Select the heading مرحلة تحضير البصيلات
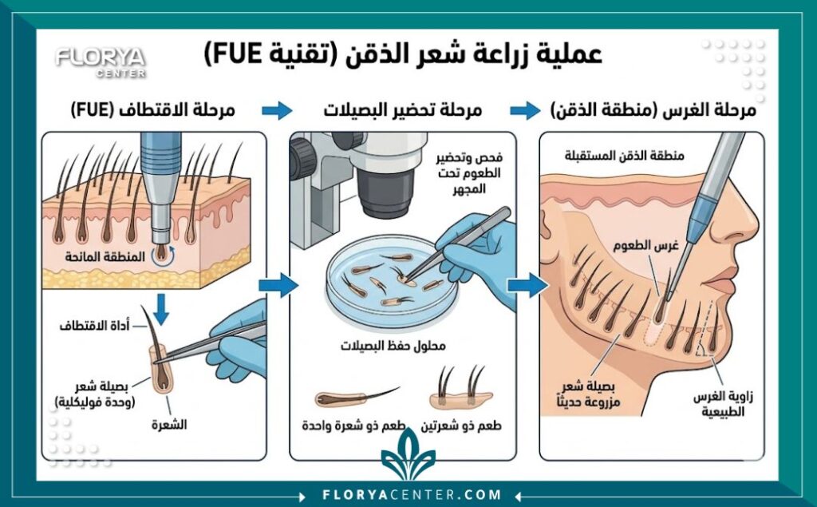pos(402,110)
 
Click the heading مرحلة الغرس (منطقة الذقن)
pos(653,110)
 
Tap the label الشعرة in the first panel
pos(168,424)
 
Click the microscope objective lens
pos(380,194)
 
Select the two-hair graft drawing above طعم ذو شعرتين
pos(460,390)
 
